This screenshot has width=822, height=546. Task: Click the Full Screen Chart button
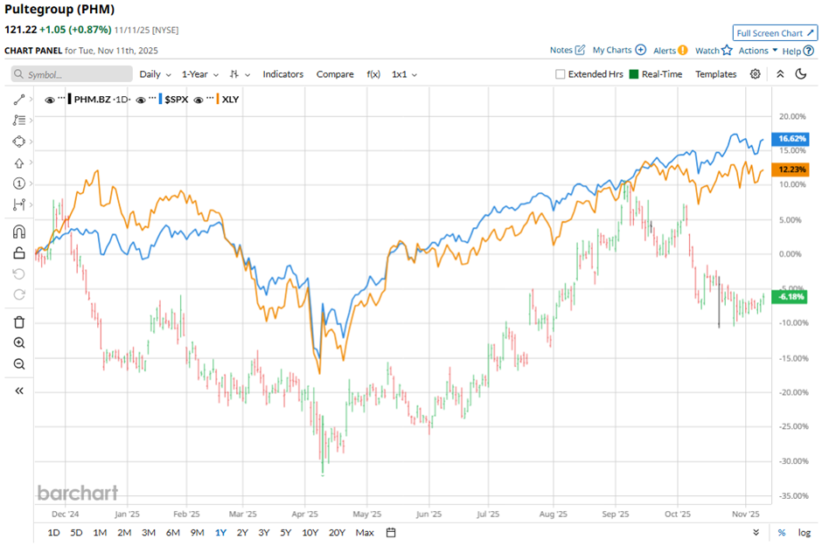(776, 33)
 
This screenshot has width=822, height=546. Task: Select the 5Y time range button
(286, 533)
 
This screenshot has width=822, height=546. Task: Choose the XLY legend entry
(231, 100)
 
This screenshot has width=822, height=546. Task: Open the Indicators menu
(283, 74)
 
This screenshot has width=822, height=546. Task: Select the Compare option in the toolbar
(335, 74)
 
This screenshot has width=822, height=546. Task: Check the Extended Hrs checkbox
(561, 74)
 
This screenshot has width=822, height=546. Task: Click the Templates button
(715, 74)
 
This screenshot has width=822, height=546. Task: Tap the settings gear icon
(756, 74)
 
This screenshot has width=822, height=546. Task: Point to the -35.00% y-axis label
(791, 495)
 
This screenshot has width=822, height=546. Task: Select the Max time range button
(365, 533)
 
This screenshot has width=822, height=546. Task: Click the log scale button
(804, 533)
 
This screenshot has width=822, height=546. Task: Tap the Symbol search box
(72, 74)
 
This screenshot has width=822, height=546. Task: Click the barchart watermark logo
(77, 494)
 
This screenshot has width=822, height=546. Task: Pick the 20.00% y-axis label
(791, 116)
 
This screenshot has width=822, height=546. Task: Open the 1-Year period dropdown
(200, 74)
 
